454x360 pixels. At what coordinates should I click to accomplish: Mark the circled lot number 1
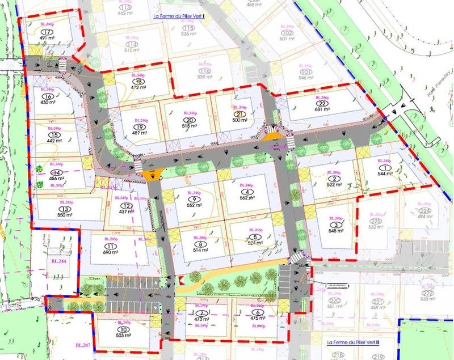tap(388, 168)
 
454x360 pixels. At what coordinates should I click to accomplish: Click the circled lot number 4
tap(245, 192)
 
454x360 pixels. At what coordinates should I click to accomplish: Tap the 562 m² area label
tap(245, 198)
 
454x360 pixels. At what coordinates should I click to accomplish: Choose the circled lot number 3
tap(337, 225)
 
